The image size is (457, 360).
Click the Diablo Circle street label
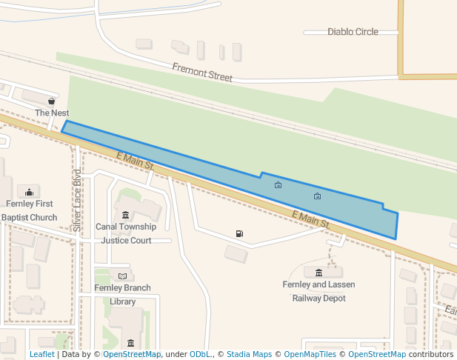point(353,32)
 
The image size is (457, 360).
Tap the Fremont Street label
point(202,72)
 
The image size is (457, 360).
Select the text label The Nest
point(52,113)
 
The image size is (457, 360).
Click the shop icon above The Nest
point(52,101)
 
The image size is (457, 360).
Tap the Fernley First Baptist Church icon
point(29,192)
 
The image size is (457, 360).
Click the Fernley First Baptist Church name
point(29,210)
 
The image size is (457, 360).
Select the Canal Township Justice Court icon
point(126,215)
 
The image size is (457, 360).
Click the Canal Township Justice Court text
point(126,233)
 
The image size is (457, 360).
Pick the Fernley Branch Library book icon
point(122,276)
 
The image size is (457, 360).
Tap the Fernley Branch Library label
point(122,294)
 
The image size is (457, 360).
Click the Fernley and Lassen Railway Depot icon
point(318,273)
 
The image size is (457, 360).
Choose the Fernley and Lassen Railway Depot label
point(318,291)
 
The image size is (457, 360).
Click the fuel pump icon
point(239,234)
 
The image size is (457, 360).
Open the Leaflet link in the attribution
point(41,354)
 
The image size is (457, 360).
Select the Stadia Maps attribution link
point(249,354)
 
